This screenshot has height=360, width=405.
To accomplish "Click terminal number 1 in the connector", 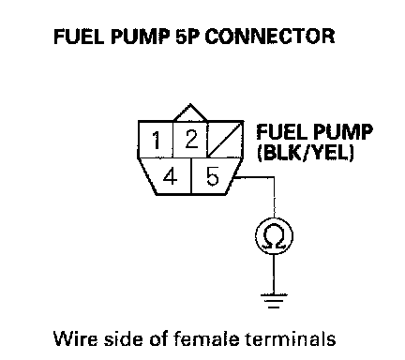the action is point(156,140).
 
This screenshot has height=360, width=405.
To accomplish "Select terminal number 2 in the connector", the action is point(190,140).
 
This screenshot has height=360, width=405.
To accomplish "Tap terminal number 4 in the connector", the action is point(170,176).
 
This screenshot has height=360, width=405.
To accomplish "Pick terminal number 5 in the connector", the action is point(213,176).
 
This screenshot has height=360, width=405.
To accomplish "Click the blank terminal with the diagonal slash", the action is point(224,140).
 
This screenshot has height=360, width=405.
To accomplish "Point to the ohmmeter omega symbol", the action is point(275,236).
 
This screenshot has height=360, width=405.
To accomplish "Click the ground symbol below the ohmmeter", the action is point(274,301).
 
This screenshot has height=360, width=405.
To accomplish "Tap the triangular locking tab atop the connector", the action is point(190,112).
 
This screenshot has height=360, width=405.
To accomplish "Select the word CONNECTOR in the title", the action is point(270,36).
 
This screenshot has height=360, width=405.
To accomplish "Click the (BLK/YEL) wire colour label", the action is point(306,153).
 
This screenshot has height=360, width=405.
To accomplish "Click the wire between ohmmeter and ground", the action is point(274,274).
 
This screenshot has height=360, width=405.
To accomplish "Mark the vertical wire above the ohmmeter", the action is point(275,198).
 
